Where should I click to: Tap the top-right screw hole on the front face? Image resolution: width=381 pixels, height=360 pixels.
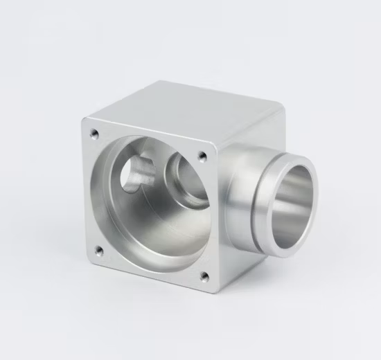pyautogui.click(x=202, y=156)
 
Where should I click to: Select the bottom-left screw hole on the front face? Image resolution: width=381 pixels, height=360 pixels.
pyautogui.click(x=98, y=249)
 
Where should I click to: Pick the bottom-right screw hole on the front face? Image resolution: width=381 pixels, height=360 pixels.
pyautogui.click(x=204, y=276)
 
